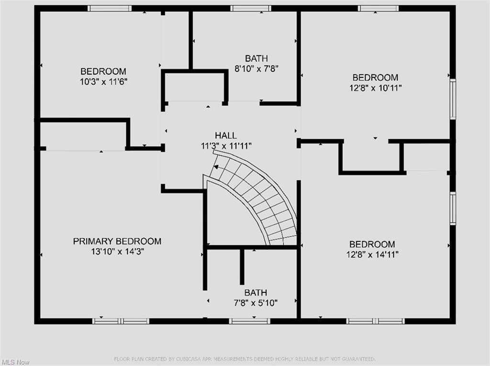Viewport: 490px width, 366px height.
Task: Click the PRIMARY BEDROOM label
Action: [117, 241]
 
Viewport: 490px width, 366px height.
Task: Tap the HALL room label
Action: [225, 135]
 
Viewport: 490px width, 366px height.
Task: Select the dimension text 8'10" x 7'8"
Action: [256, 68]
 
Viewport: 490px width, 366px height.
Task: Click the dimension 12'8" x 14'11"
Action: [372, 255]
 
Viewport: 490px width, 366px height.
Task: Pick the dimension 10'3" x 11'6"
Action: [103, 82]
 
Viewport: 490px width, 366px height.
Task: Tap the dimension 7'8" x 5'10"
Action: [256, 302]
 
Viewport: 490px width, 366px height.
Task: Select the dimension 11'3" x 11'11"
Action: [225, 145]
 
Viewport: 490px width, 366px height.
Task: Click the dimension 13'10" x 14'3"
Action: [117, 252]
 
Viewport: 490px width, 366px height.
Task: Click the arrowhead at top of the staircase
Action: [216, 167]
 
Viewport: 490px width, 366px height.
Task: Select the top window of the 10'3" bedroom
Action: [110, 8]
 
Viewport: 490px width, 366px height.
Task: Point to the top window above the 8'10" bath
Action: [251, 8]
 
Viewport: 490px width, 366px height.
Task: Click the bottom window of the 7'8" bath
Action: [249, 321]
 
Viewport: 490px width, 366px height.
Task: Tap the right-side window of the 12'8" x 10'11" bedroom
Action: [453, 99]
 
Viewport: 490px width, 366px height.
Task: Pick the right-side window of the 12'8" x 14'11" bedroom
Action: [453, 208]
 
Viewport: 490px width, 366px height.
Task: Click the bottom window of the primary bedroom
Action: [121, 321]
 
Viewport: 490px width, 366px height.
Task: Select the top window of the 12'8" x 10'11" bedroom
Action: [378, 8]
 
